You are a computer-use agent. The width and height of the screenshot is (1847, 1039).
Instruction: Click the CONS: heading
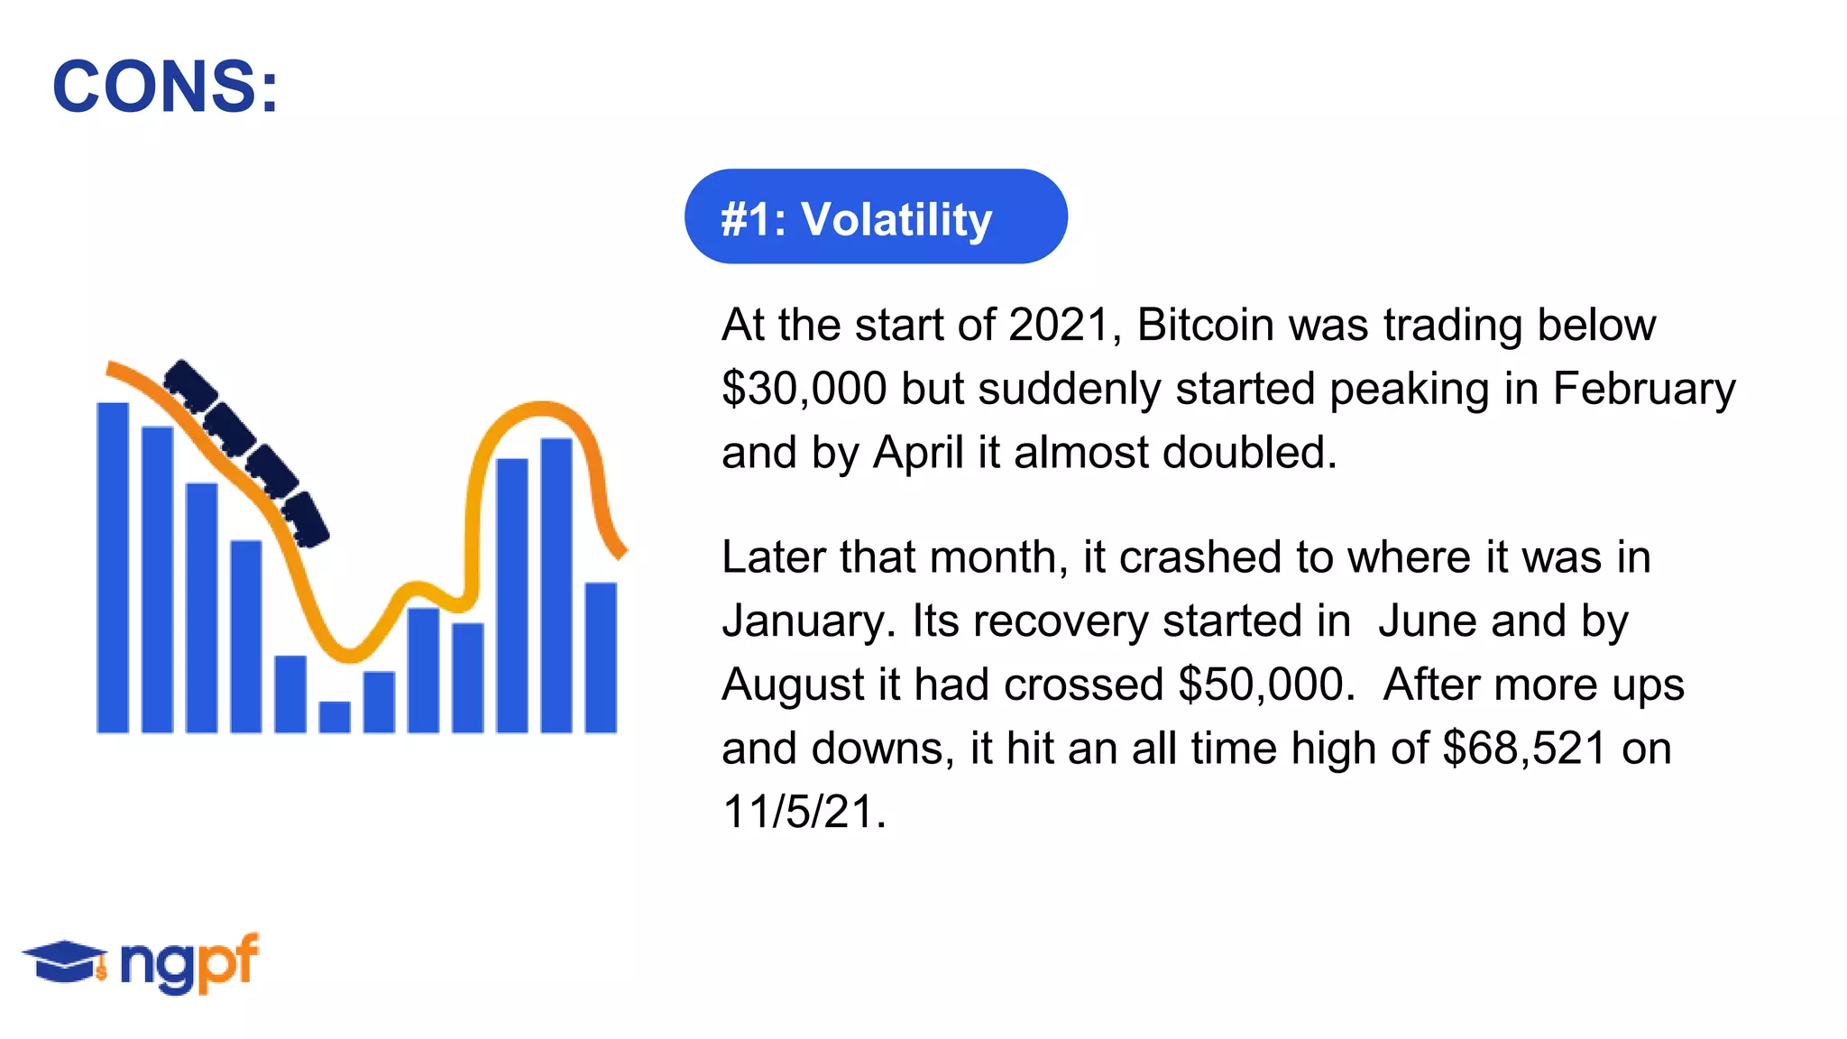pyautogui.click(x=165, y=87)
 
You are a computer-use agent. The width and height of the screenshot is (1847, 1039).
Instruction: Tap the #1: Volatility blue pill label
pyautogui.click(x=875, y=217)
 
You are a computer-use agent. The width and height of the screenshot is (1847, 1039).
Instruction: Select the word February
pyautogui.click(x=1643, y=390)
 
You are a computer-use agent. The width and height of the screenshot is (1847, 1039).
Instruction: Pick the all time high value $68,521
pyautogui.click(x=1524, y=749)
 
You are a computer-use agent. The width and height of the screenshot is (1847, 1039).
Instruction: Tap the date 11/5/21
pyautogui.click(x=804, y=812)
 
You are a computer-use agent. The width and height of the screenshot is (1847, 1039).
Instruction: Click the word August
pyautogui.click(x=793, y=685)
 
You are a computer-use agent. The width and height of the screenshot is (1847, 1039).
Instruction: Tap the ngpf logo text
pyautogui.click(x=189, y=963)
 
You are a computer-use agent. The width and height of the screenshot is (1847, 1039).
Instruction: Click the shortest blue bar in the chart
pyautogui.click(x=335, y=717)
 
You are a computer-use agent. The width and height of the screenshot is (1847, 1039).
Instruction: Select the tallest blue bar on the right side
pyautogui.click(x=556, y=586)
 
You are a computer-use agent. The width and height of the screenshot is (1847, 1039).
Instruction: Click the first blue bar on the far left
pyautogui.click(x=113, y=568)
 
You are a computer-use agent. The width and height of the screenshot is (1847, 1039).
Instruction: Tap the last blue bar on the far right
pyautogui.click(x=601, y=658)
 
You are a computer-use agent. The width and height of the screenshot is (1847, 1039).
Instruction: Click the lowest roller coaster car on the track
pyautogui.click(x=305, y=519)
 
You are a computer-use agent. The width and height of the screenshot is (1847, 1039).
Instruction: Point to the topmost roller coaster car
pyautogui.click(x=190, y=383)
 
